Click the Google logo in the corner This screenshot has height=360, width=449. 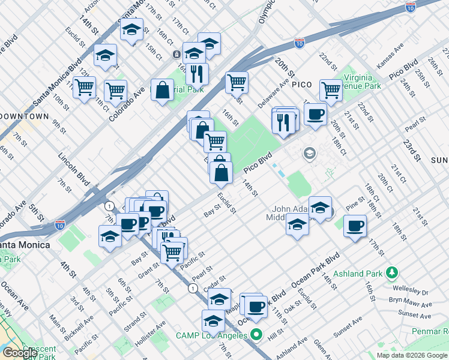[x=20, y=353]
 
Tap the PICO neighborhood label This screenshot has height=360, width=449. [x=301, y=85]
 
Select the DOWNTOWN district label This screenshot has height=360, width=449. [x=24, y=116]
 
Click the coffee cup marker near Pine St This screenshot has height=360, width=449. [x=355, y=226]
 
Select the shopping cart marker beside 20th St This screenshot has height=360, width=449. [x=331, y=90]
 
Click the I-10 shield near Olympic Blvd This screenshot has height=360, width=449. [x=300, y=43]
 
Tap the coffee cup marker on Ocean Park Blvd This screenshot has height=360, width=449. [x=256, y=306]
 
